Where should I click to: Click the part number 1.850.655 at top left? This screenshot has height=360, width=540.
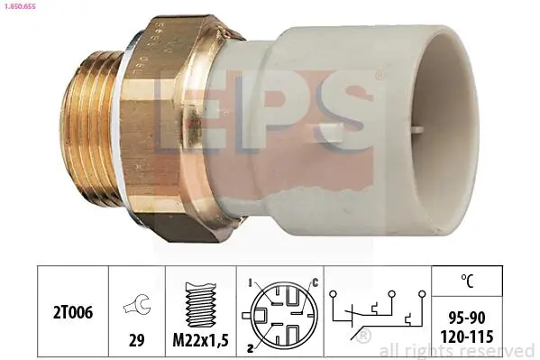20,6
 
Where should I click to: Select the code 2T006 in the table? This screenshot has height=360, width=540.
73,313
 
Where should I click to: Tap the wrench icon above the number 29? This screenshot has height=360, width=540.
136,304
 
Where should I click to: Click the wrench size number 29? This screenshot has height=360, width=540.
136,340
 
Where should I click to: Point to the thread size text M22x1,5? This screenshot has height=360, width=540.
200,341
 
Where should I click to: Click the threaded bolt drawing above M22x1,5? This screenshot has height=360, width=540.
200,305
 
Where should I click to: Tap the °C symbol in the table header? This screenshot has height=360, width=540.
467,281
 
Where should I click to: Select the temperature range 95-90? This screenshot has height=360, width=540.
467,318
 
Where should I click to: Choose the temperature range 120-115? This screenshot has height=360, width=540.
467,337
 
